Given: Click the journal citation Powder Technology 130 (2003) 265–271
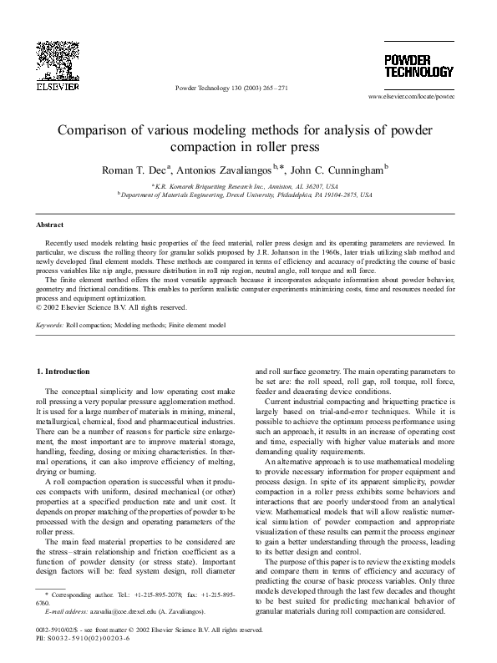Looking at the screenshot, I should [x=231, y=88].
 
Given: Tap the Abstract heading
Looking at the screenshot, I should [x=50, y=225].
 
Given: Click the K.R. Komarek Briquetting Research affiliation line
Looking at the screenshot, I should [x=248, y=185].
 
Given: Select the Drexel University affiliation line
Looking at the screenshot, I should [x=248, y=194].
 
